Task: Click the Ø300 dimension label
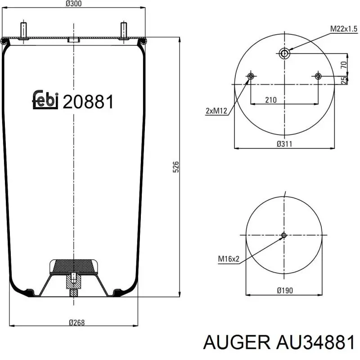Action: (73, 4)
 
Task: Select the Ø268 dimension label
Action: (76, 323)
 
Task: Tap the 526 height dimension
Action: (175, 167)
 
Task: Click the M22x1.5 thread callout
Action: (344, 29)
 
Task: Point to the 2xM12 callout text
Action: (216, 111)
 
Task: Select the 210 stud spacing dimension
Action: (271, 100)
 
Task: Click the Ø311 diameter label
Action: (284, 144)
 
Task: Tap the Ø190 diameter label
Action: (285, 290)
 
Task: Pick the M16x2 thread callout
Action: (229, 259)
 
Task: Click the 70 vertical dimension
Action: (344, 65)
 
